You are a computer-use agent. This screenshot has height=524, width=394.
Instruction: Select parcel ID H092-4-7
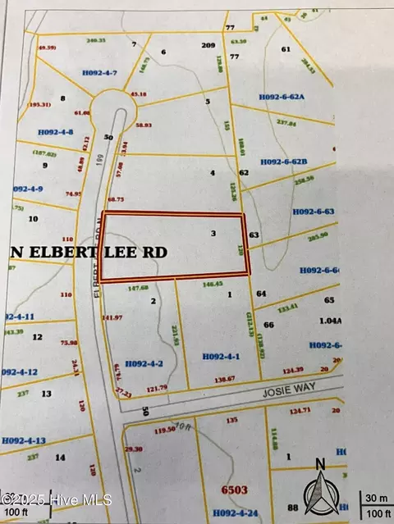click(100, 73)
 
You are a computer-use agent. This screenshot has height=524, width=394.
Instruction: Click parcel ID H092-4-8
click(56, 132)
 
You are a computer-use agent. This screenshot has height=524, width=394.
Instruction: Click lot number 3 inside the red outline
click(213, 234)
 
